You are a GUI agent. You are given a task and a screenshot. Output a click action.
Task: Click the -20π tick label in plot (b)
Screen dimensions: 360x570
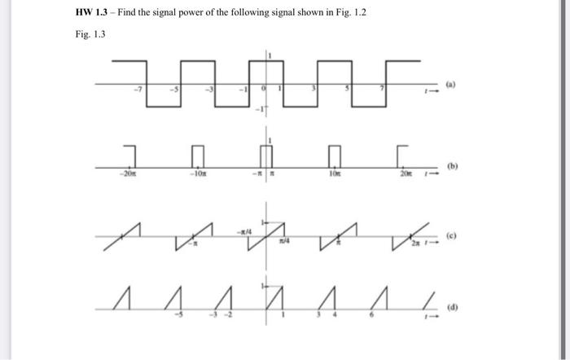(126, 174)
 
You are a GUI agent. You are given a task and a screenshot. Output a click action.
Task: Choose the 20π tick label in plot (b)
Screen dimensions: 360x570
(402, 174)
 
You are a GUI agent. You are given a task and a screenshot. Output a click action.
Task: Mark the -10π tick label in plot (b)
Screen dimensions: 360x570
(196, 174)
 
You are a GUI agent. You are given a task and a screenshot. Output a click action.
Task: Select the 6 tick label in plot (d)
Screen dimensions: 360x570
(375, 314)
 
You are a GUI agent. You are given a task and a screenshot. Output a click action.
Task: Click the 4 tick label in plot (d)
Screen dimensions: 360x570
(330, 314)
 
